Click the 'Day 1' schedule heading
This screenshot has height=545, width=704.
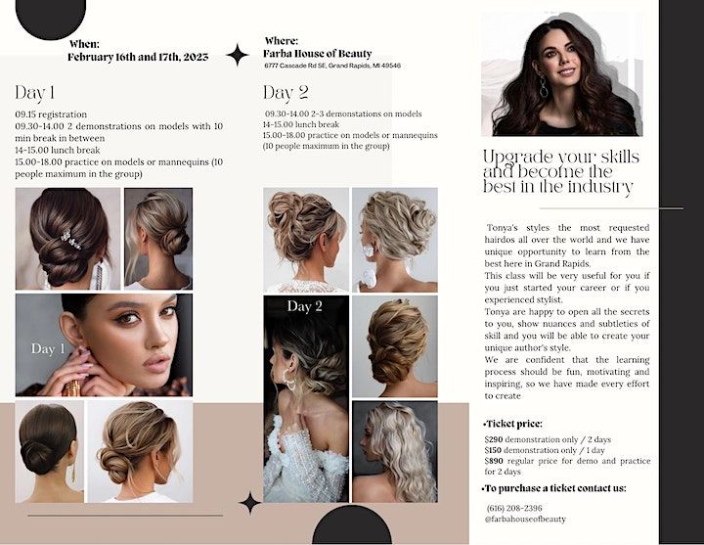coord(34,93)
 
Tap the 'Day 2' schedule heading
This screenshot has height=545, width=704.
coord(286,93)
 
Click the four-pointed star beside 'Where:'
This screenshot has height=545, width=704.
coord(237,55)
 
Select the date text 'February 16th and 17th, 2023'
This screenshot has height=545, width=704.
coord(138,57)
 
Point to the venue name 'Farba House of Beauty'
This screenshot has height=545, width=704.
coord(318,54)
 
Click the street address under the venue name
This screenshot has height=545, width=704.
coord(332,66)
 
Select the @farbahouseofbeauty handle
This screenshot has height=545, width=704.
coord(525,520)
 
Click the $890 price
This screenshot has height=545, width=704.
coord(494,461)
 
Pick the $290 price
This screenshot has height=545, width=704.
coord(494,439)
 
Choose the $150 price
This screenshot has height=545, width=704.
coord(493,450)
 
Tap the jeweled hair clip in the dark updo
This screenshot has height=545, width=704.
coord(71,240)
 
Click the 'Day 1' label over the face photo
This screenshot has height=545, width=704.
coord(48,348)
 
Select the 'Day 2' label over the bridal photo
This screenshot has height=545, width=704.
coord(305,306)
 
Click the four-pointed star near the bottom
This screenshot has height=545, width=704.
coord(249,503)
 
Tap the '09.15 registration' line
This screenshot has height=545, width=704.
coord(51,114)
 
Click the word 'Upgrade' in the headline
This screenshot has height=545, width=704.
coord(517,159)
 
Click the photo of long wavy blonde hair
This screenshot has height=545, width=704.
coord(395,451)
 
